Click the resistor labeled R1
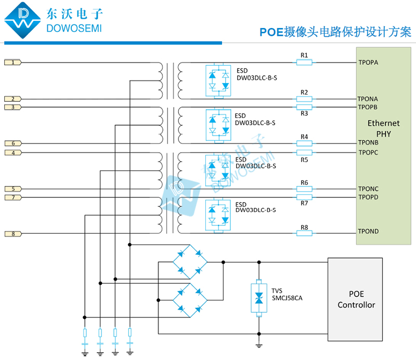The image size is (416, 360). click(x=304, y=63)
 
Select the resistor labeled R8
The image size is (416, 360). click(x=304, y=233)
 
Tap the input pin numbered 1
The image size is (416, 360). click(x=13, y=63)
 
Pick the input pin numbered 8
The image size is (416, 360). click(x=13, y=234)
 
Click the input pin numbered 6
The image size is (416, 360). click(x=13, y=143)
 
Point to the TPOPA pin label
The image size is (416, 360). click(x=368, y=63)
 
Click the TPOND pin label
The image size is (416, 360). click(x=368, y=232)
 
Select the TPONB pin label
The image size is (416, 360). click(x=368, y=143)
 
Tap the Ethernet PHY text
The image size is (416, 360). click(x=383, y=128)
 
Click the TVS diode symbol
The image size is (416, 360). click(x=258, y=299)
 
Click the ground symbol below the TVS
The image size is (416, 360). click(x=258, y=345)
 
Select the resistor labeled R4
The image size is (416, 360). click(x=304, y=143)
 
